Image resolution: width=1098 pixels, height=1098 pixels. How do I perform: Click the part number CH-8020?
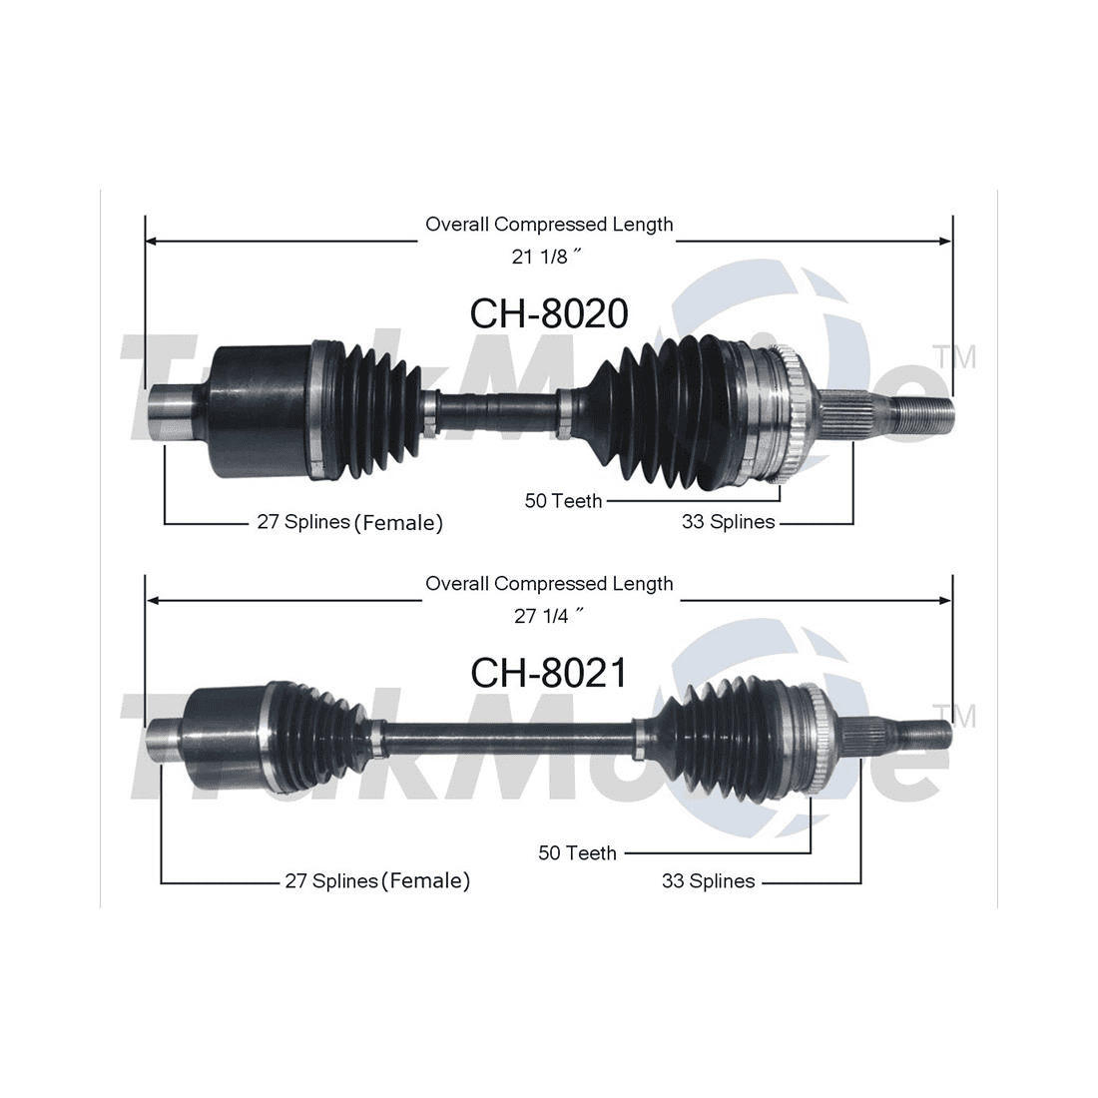(549, 313)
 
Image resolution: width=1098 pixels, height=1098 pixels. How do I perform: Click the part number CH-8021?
(549, 673)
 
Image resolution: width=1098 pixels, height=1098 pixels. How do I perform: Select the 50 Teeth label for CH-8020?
(563, 501)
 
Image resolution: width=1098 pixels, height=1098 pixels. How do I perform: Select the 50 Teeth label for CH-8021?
(577, 852)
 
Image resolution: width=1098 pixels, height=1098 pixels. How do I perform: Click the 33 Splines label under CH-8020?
(728, 522)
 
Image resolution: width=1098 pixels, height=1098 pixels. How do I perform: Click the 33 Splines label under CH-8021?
(708, 880)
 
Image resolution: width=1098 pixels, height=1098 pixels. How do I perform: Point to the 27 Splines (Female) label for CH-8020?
(349, 522)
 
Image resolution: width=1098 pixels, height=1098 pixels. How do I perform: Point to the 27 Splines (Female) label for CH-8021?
(377, 880)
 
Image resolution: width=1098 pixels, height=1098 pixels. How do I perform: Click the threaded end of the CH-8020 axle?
(921, 413)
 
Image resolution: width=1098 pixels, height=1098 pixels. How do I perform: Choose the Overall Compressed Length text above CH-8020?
(549, 225)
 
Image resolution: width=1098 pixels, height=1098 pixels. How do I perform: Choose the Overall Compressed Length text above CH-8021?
(549, 584)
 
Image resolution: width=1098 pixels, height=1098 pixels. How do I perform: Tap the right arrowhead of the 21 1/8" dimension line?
(945, 241)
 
